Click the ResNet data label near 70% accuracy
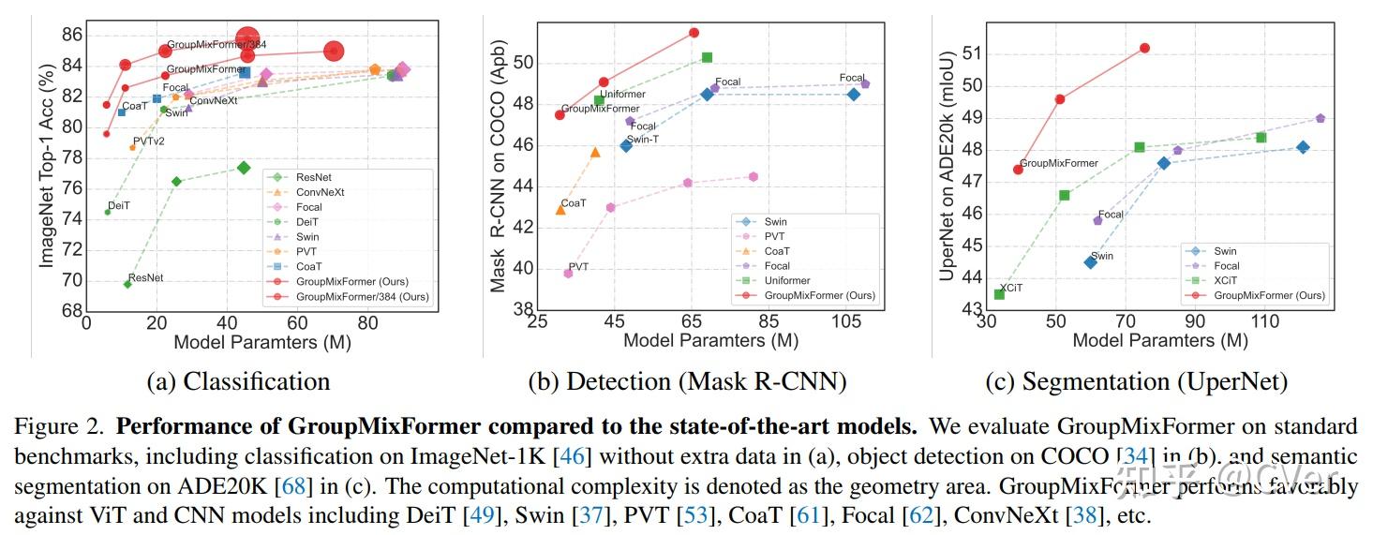pyautogui.click(x=145, y=278)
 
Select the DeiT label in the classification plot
pyautogui.click(x=119, y=205)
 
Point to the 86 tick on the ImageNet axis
pyautogui.click(x=71, y=36)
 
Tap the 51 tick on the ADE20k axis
pyautogui.click(x=970, y=53)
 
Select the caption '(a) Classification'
pyautogui.click(x=238, y=381)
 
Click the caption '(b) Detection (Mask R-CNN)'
pyautogui.click(x=687, y=381)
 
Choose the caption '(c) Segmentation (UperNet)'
pyautogui.click(x=1136, y=381)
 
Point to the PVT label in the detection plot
pyautogui.click(x=578, y=267)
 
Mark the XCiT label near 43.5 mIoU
pyautogui.click(x=1010, y=289)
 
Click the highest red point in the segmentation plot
pyautogui.click(x=1144, y=48)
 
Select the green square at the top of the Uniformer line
pyautogui.click(x=707, y=58)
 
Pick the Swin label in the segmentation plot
pyautogui.click(x=1101, y=256)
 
